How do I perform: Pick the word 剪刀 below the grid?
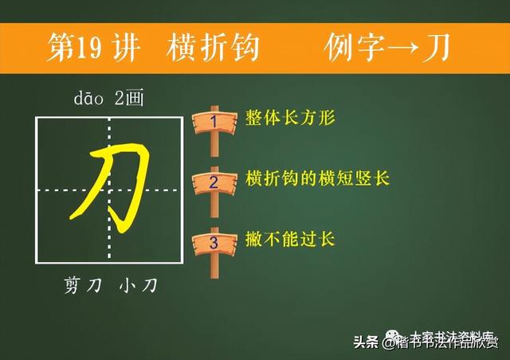point(82,284)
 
